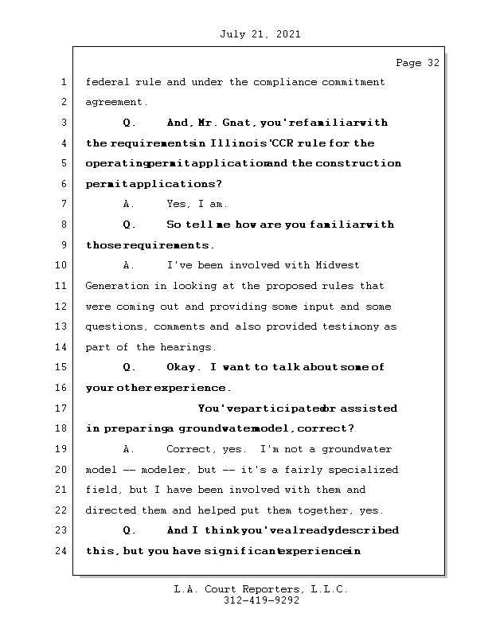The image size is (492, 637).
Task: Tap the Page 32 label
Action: coord(417,63)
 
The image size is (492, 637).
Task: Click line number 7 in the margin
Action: coord(62,204)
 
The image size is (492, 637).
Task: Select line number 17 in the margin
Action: coord(62,408)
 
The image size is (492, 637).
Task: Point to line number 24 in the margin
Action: coord(62,551)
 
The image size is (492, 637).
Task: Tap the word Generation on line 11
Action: coord(116,286)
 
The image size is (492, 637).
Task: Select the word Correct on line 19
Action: coord(189,449)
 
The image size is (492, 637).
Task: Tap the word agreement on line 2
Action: coord(115,102)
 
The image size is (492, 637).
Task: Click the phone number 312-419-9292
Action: coord(261,601)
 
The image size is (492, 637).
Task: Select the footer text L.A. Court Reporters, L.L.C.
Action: coord(261,589)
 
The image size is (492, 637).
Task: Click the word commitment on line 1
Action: coord(351,81)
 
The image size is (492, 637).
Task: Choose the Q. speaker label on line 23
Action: coord(129,530)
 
